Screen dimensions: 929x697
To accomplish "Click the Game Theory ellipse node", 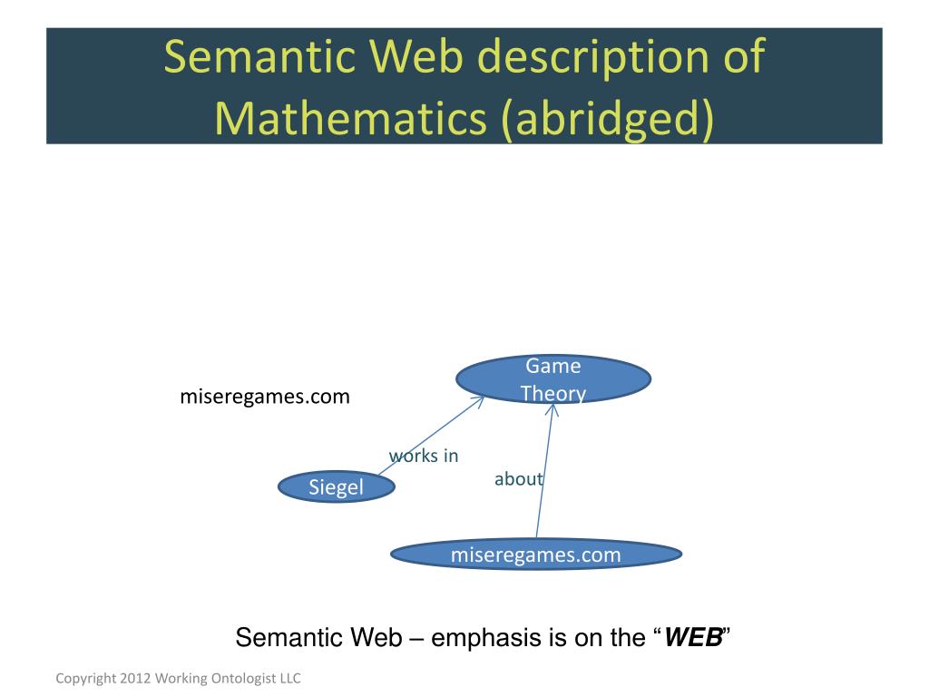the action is tap(553, 380).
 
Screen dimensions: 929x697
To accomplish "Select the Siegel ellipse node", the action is tap(336, 487).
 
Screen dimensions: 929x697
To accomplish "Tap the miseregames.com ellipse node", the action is tap(535, 555).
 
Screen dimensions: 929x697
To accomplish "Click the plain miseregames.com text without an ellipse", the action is tap(264, 397).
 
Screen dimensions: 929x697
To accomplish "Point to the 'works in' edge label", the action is tap(424, 456).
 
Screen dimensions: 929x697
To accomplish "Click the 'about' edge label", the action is tap(518, 479).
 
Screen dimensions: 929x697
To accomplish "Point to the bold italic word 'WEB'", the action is tap(693, 638).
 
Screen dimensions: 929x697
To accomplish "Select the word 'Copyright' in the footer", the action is tap(84, 678).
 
